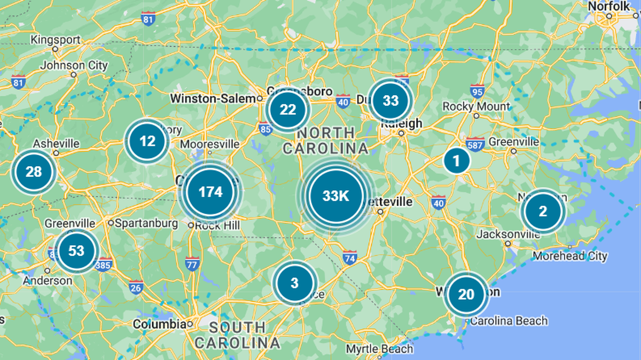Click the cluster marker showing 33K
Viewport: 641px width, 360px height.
pyautogui.click(x=336, y=196)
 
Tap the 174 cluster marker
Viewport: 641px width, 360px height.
pyautogui.click(x=210, y=192)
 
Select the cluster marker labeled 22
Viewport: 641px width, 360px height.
pyautogui.click(x=288, y=110)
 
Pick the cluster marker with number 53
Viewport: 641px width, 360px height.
pyautogui.click(x=77, y=251)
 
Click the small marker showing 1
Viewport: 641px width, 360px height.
pyautogui.click(x=456, y=160)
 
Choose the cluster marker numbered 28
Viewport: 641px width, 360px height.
pyautogui.click(x=34, y=172)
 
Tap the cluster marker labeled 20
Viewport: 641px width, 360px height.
pyautogui.click(x=466, y=294)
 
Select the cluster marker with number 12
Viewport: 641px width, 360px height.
pyautogui.click(x=147, y=142)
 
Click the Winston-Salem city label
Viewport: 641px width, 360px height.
pyautogui.click(x=213, y=99)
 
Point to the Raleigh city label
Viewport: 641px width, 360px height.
pyautogui.click(x=401, y=123)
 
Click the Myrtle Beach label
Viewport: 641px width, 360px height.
pyautogui.click(x=379, y=349)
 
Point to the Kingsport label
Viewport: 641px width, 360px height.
pyautogui.click(x=56, y=40)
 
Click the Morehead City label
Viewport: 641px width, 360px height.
pyautogui.click(x=570, y=256)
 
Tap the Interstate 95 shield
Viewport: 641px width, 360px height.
pyautogui.click(x=478, y=91)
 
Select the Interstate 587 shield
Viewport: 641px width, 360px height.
pyautogui.click(x=475, y=143)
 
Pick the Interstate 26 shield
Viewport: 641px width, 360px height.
pyautogui.click(x=136, y=287)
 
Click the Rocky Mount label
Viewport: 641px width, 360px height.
pyautogui.click(x=476, y=107)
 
